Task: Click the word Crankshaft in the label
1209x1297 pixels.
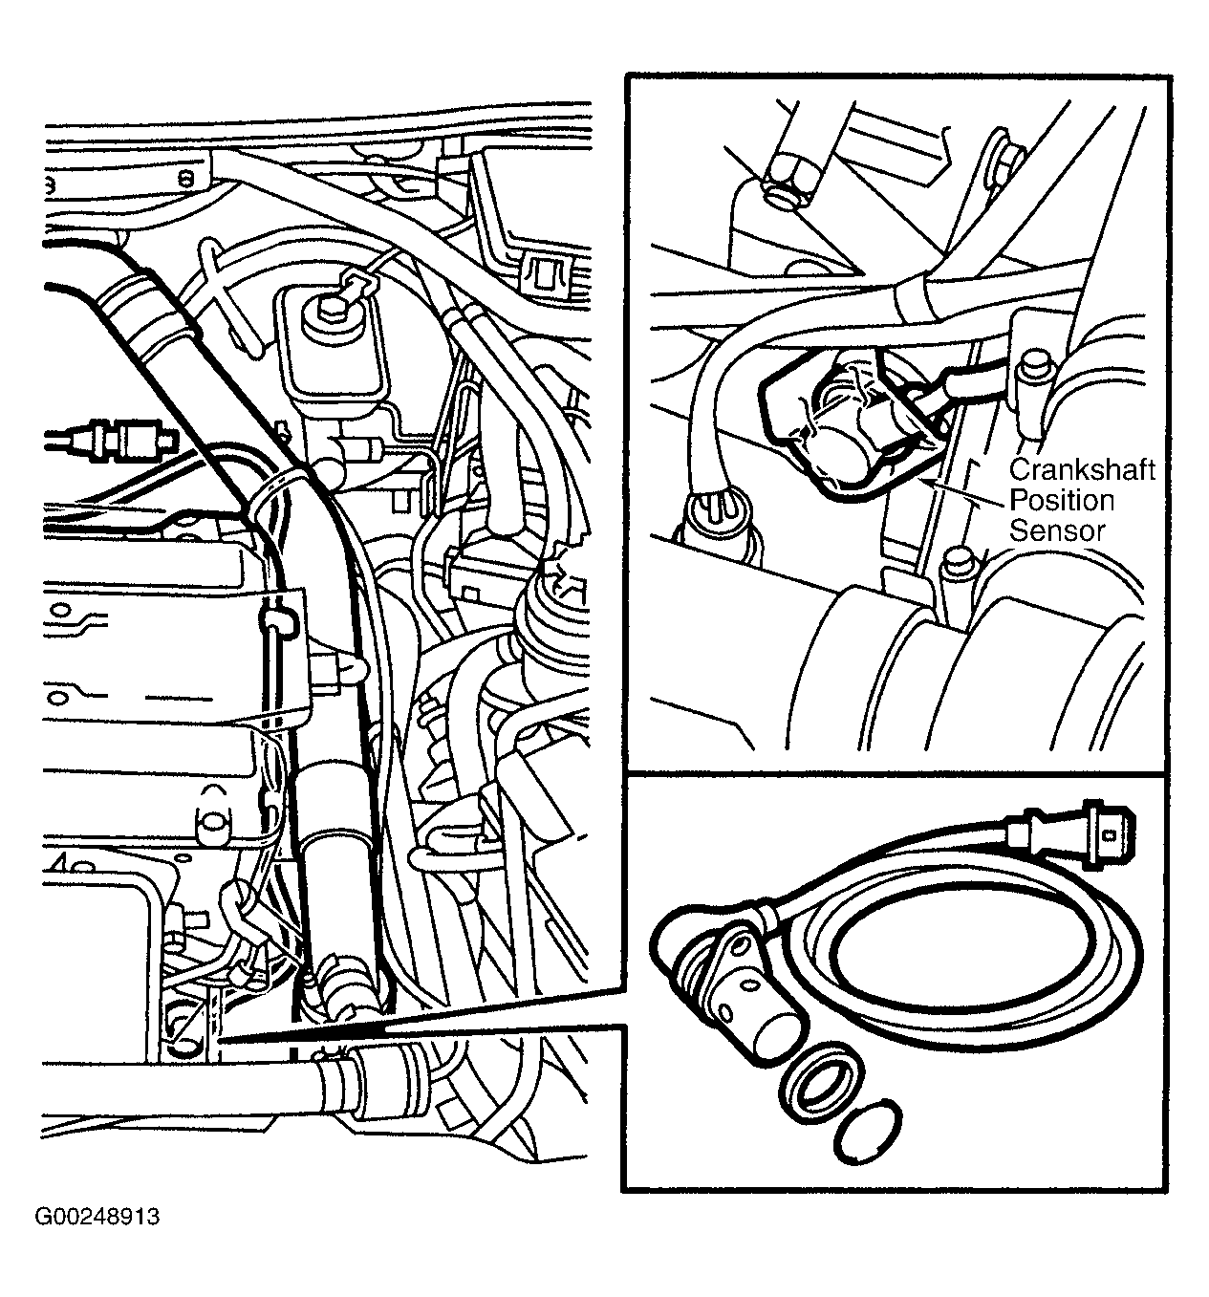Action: [1082, 470]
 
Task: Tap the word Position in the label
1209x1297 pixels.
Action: [1062, 500]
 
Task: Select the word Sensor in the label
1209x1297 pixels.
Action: [1057, 530]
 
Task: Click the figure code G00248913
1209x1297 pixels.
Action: [97, 1217]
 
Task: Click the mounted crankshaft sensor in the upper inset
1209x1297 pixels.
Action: [846, 425]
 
